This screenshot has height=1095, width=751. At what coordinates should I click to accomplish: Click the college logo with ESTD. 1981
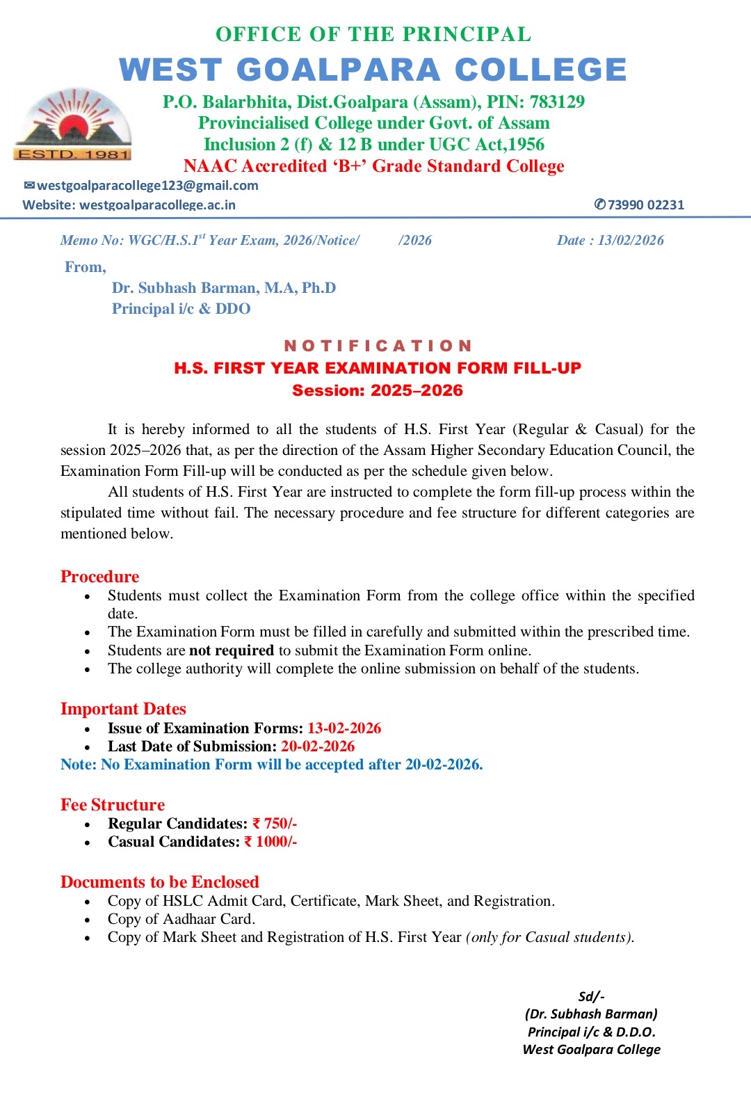[72, 125]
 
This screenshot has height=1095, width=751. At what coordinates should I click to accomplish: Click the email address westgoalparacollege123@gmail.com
[147, 186]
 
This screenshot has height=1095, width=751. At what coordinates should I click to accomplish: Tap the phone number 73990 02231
[645, 205]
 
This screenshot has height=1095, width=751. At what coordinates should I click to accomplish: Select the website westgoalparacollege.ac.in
[157, 205]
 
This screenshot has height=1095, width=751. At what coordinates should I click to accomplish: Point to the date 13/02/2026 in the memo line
[631, 240]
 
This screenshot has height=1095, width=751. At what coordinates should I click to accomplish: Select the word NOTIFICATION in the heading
[378, 346]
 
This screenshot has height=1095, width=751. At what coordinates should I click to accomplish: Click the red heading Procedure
[99, 577]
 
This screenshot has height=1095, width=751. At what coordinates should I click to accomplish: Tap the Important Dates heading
[123, 709]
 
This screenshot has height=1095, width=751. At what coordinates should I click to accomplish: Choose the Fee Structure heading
[113, 805]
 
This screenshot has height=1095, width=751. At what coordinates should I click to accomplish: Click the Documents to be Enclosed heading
[159, 882]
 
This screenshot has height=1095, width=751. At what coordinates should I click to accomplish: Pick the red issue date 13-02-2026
[344, 728]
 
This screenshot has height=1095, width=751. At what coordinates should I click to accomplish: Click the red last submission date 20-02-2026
[318, 746]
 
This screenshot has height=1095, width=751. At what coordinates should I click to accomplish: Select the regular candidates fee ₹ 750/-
[275, 824]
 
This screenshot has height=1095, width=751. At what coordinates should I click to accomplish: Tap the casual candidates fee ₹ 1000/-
[270, 842]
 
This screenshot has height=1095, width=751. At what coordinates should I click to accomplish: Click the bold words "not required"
[232, 650]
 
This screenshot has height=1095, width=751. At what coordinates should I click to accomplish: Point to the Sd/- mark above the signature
[591, 996]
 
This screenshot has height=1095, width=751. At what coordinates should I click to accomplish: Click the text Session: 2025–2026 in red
[378, 390]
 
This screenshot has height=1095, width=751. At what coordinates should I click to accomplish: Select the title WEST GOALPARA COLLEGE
[373, 70]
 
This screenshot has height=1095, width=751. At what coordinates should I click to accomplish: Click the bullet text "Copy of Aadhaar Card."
[181, 919]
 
